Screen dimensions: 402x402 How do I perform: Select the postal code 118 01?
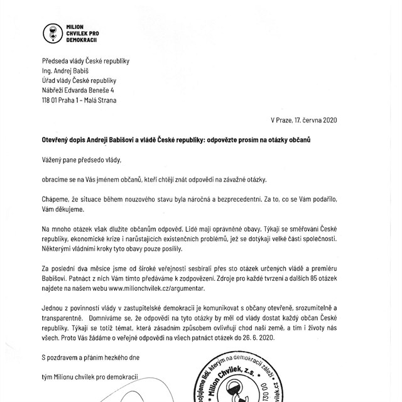coord(52,99)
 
